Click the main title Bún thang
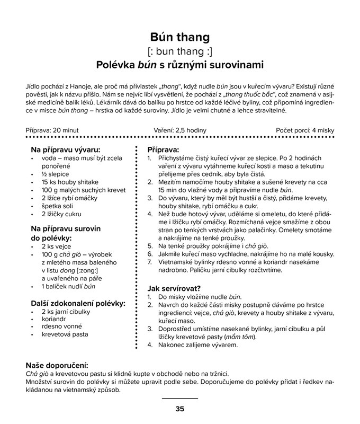(180, 37)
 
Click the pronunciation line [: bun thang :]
(180, 51)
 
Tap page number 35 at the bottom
(180, 409)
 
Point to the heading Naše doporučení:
(57, 365)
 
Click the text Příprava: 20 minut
(53, 130)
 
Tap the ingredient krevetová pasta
(65, 334)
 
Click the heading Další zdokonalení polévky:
(78, 303)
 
